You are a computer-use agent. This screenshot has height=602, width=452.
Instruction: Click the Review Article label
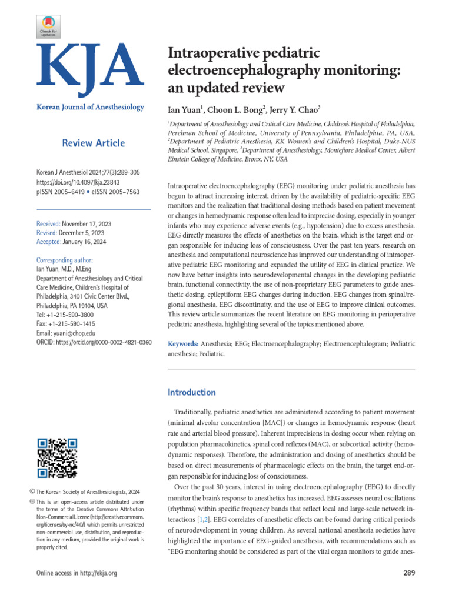[93, 143]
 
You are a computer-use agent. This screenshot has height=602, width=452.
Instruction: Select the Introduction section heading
[192, 392]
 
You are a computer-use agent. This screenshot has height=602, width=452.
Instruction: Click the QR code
[57, 459]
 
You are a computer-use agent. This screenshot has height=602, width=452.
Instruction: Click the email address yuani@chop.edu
[74, 333]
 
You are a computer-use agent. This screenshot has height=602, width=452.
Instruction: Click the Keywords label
[183, 343]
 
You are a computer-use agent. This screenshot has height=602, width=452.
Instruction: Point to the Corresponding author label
[64, 260]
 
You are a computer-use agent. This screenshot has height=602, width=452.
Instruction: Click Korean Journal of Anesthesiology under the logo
[90, 107]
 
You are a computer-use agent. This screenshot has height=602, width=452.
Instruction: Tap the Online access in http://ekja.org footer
[77, 573]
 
